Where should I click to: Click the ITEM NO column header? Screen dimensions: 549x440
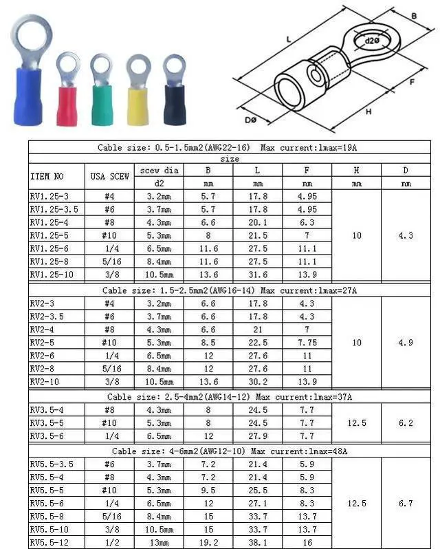click(47, 176)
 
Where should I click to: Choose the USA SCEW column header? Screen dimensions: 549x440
click(110, 176)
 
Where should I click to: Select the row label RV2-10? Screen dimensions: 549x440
click(47, 382)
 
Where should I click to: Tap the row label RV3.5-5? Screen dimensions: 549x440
click(48, 422)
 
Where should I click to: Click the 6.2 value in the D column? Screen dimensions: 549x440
click(406, 422)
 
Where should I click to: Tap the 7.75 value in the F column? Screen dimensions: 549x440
click(307, 342)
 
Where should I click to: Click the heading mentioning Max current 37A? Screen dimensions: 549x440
click(230, 396)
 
